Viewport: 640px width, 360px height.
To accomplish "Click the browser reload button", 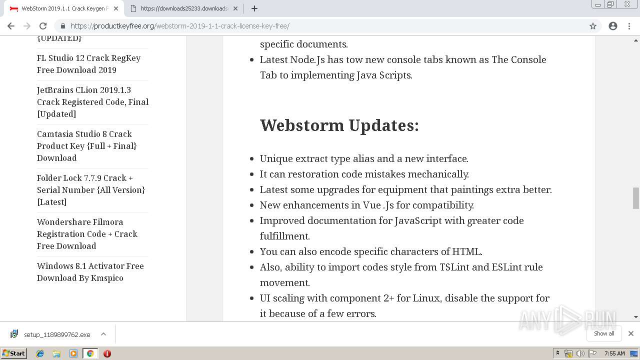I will click(43, 26).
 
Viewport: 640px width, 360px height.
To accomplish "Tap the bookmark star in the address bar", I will click(593, 26).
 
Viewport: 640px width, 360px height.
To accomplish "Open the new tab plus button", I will click(254, 8).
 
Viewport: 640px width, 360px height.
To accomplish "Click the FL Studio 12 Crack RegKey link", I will click(88, 64).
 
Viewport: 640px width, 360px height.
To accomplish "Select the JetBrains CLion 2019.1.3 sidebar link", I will click(92, 102).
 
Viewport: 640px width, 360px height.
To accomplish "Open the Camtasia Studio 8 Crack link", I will click(86, 146).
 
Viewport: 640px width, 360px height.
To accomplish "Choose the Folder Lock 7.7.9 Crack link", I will click(90, 190).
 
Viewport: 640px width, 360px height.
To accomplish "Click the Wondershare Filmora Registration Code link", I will click(87, 234).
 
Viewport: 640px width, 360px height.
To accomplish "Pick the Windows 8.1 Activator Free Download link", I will click(90, 272).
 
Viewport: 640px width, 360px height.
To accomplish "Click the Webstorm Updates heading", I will click(339, 125).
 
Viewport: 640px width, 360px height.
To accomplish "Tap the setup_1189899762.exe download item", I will click(57, 334).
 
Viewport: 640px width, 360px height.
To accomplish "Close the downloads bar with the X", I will click(631, 333).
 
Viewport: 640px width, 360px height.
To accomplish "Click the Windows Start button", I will click(13, 353).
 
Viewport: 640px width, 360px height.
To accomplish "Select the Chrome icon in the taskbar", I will click(90, 353).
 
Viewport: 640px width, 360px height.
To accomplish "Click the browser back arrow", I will click(11, 26).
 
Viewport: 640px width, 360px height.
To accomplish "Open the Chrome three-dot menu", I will click(629, 26).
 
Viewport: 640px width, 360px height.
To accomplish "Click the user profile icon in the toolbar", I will click(613, 26).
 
